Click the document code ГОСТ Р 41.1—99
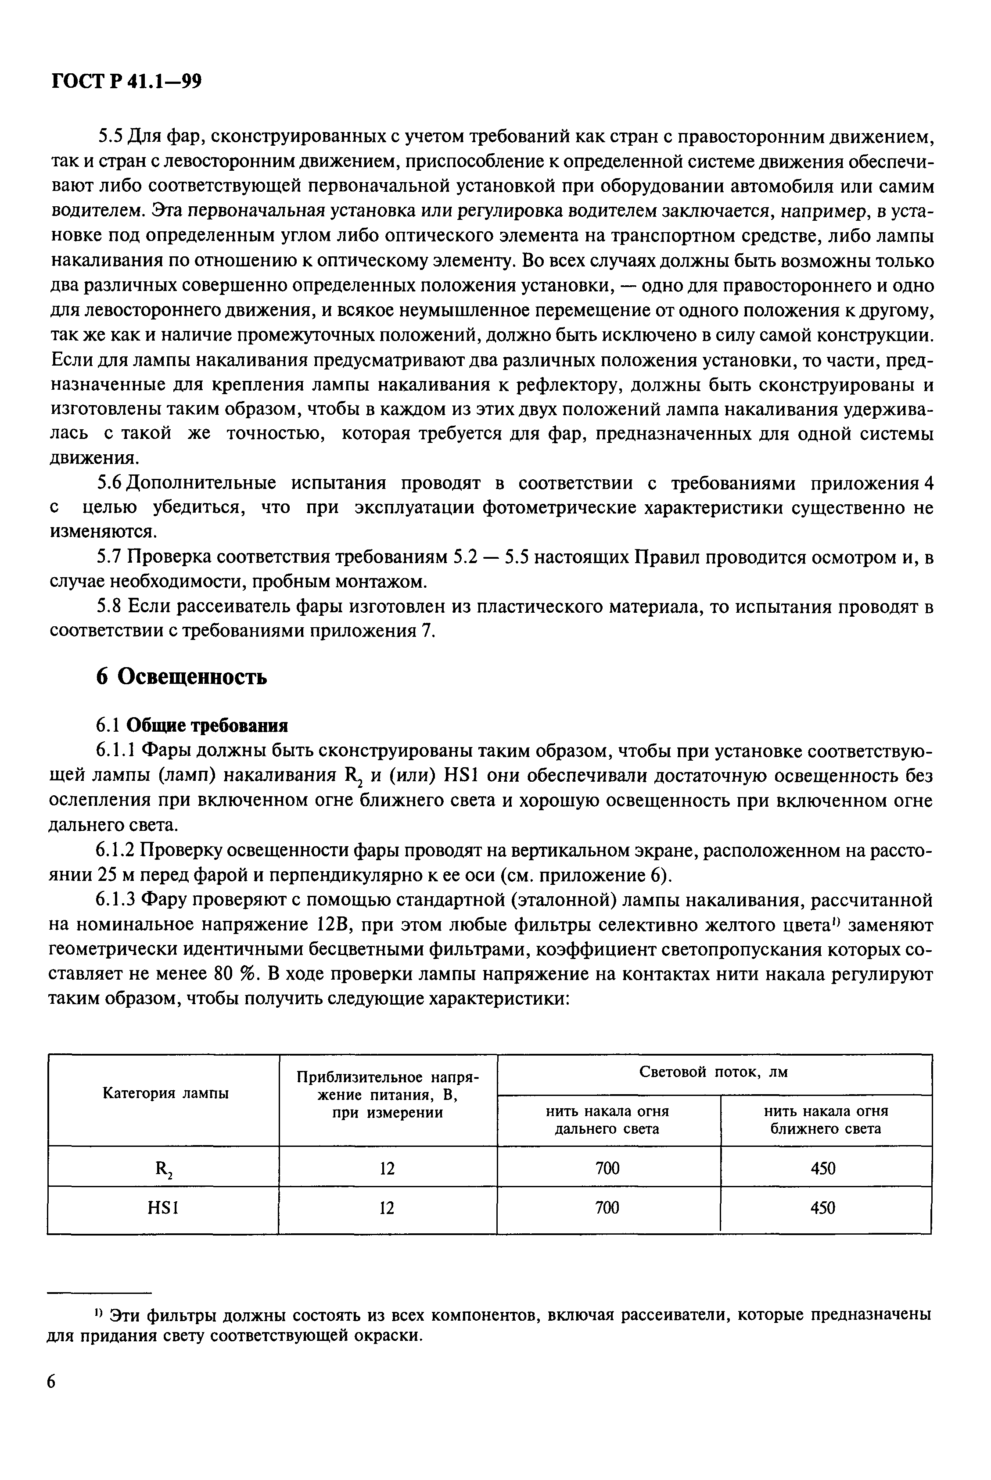coord(125,82)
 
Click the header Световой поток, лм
coord(714,1072)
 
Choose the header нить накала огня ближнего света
coord(826,1120)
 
